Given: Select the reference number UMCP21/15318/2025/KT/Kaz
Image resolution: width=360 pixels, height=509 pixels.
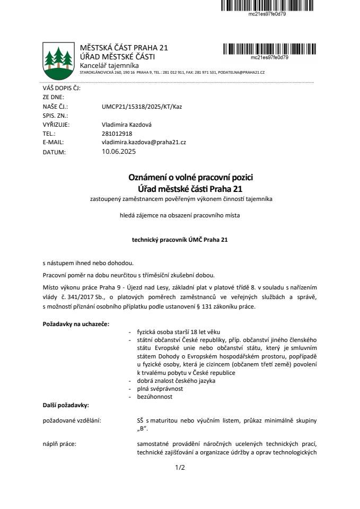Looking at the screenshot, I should (142, 107).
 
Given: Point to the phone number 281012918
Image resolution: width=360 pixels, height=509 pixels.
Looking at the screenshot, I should (117, 134).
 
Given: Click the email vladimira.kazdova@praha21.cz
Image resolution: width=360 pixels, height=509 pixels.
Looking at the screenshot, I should (143, 143).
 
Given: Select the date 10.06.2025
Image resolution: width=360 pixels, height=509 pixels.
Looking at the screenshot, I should (119, 152).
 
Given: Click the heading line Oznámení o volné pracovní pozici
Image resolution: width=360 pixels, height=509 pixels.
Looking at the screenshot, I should (180, 178).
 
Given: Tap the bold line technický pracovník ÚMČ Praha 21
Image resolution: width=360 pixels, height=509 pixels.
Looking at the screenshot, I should (180, 240).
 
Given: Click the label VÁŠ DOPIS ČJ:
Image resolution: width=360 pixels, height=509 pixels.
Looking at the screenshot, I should (61, 89).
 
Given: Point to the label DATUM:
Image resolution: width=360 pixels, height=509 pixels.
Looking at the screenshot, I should (54, 152).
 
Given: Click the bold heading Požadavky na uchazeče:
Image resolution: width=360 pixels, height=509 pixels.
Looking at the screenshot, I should (76, 324).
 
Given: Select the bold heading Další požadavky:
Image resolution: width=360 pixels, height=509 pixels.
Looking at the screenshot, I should (66, 405).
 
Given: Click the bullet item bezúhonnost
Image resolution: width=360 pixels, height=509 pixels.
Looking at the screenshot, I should (154, 397).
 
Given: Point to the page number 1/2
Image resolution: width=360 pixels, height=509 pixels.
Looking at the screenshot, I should (180, 468).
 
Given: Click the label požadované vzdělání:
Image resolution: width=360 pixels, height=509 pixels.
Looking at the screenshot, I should (72, 420).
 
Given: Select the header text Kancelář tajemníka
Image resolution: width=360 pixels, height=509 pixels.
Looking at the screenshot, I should (109, 65).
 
